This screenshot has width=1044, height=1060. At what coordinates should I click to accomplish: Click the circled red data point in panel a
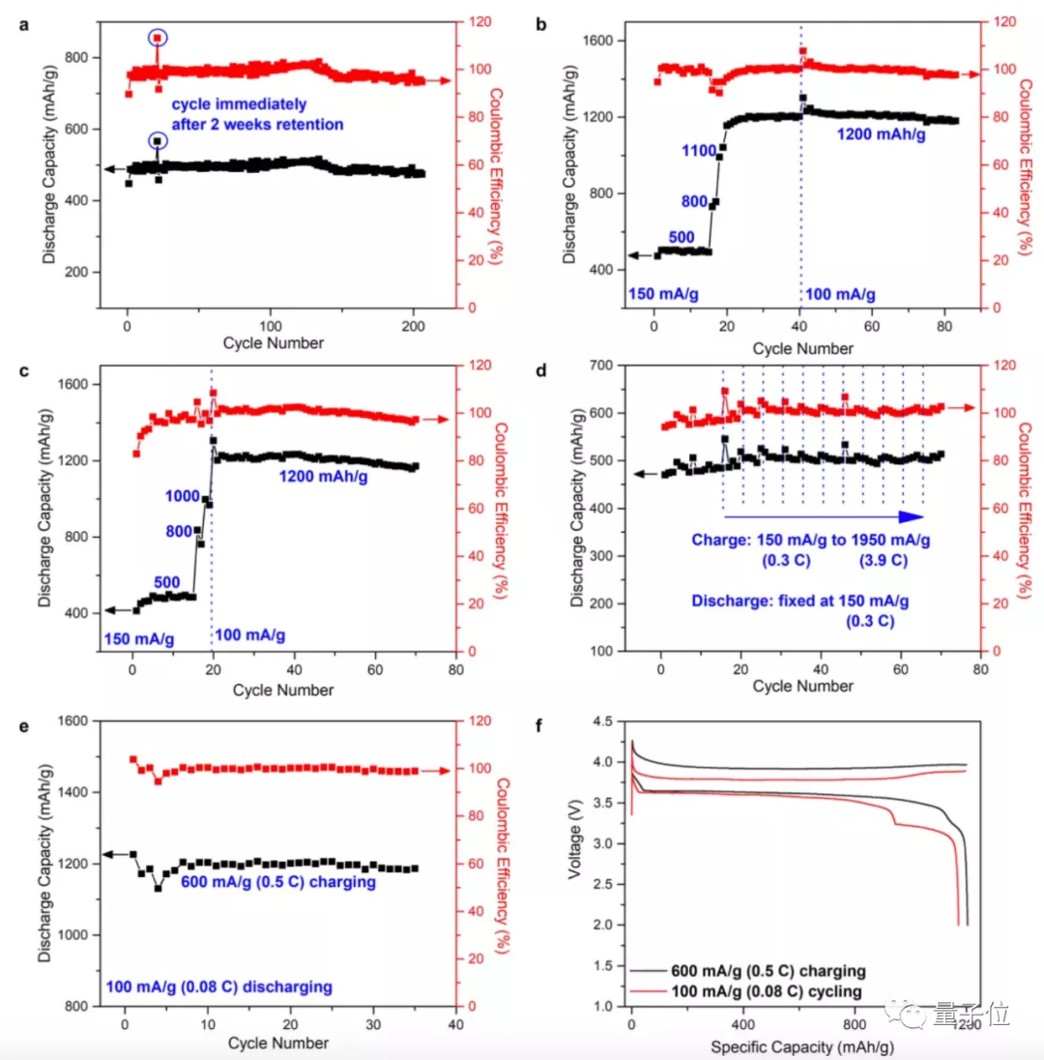click(x=158, y=38)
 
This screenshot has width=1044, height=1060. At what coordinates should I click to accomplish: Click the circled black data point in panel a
click(x=158, y=141)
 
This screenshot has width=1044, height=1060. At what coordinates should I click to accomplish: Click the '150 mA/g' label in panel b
click(x=664, y=292)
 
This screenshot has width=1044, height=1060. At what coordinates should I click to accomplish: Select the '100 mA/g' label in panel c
click(x=250, y=635)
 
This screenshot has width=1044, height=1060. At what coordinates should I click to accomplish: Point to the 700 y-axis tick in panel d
click(x=634, y=366)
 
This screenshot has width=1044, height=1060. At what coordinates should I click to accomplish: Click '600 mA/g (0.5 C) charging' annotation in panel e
click(x=279, y=882)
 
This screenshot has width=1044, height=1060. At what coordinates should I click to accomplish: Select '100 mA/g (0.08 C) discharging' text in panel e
click(x=218, y=986)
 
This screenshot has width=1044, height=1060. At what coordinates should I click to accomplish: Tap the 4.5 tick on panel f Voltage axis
click(x=606, y=721)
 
